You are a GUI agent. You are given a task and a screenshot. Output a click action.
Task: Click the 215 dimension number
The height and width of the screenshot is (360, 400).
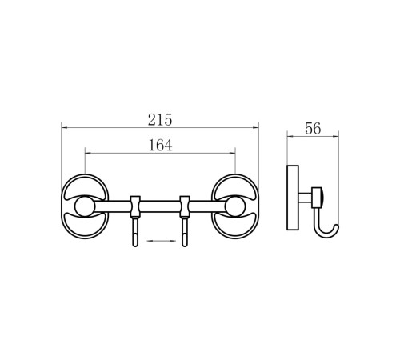(160, 120)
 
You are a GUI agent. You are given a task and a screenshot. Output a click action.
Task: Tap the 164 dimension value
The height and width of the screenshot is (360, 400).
(160, 146)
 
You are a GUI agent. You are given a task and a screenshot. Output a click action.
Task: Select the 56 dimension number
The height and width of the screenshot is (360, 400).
(313, 129)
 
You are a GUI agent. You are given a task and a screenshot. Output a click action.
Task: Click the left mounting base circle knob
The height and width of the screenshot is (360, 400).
(85, 206)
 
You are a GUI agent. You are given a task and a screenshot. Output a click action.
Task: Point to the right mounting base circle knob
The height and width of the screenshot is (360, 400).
(235, 206)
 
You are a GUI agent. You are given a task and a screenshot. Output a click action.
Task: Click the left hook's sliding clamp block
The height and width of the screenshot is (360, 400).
(135, 206)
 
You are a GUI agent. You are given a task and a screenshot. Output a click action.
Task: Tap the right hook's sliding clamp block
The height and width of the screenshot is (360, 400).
(185, 206)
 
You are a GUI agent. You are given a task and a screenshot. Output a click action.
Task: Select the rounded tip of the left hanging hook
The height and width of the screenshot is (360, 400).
(135, 245)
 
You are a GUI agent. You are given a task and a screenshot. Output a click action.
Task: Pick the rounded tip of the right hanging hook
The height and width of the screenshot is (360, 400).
(185, 245)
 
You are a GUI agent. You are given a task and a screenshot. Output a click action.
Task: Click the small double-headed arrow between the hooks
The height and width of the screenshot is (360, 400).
(162, 241)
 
